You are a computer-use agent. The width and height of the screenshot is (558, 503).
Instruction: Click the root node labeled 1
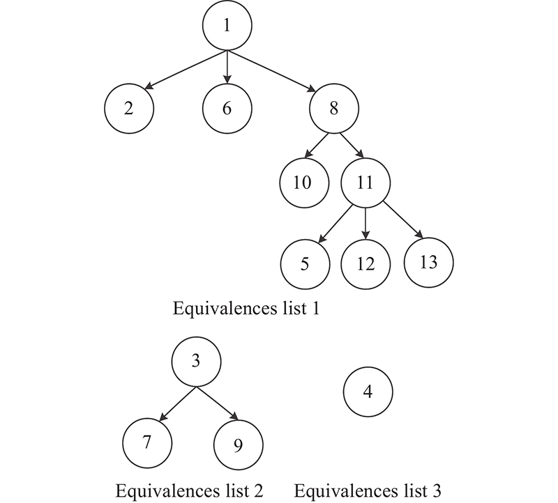point(227,27)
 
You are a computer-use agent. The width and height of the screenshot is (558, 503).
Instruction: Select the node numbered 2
point(128,109)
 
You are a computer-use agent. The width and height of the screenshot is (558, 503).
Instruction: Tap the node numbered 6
point(227,109)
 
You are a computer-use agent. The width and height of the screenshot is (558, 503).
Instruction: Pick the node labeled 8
point(334,109)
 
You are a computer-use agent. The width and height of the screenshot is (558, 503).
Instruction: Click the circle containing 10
point(303,183)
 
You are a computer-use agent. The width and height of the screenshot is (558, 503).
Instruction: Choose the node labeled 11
point(364,183)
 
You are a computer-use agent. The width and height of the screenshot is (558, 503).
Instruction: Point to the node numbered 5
point(304,264)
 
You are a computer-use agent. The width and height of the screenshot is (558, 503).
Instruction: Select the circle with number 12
point(365,265)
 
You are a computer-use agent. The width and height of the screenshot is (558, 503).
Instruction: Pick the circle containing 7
point(146,441)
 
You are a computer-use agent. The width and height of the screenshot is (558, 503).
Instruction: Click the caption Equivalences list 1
point(246,309)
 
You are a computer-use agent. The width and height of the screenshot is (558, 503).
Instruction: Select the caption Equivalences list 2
point(189,490)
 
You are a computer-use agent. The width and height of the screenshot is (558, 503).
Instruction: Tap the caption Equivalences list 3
point(368,490)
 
